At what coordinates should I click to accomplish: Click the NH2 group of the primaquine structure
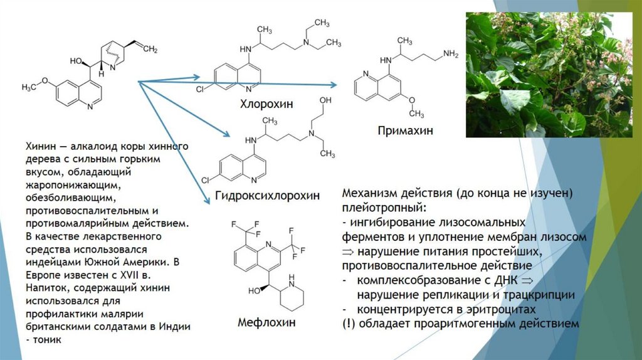pos(450,54)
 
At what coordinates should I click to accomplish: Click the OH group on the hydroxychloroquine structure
pos(325,100)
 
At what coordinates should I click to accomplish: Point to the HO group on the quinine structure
pos(76,61)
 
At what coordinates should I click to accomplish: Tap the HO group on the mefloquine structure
pos(255,291)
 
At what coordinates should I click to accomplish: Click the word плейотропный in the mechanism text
pos(384,207)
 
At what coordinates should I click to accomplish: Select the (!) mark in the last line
pos(349,324)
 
